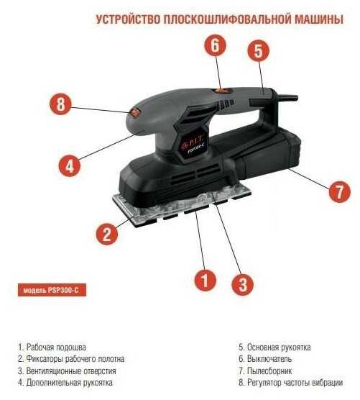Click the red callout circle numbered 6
pyautogui.click(x=216, y=45)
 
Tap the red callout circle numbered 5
pyautogui.click(x=259, y=50)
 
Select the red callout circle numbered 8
pyautogui.click(x=60, y=104)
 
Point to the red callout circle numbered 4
pyautogui.click(x=70, y=165)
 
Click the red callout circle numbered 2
pyautogui.click(x=107, y=234)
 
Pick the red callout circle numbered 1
pyautogui.click(x=206, y=280)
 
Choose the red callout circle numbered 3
pyautogui.click(x=243, y=284)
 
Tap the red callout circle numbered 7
pyautogui.click(x=339, y=191)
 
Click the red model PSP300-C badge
pyautogui.click(x=52, y=290)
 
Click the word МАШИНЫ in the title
pyautogui.click(x=319, y=19)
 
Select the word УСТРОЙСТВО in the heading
pyautogui.click(x=128, y=19)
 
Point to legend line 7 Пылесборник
pyautogui.click(x=265, y=371)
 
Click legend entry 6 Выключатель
pyautogui.click(x=265, y=359)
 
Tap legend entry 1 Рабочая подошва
pyautogui.click(x=52, y=347)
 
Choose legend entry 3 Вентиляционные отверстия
pyautogui.click(x=67, y=371)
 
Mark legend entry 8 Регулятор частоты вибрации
pyautogui.click(x=291, y=383)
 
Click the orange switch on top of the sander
pyautogui.click(x=221, y=90)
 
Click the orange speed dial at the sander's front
pyautogui.click(x=135, y=112)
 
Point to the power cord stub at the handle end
pyautogui.click(x=287, y=97)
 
